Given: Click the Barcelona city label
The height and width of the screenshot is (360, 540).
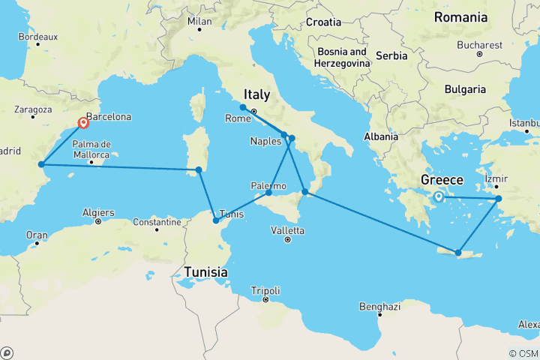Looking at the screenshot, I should pyautogui.click(x=109, y=117).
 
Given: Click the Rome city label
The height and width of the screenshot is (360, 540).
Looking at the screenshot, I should pyautogui.click(x=238, y=119).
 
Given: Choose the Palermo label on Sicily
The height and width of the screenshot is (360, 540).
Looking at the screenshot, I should pyautogui.click(x=267, y=184).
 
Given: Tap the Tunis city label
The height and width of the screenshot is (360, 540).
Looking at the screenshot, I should pyautogui.click(x=231, y=214).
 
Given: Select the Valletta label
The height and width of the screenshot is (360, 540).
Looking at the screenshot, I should pyautogui.click(x=288, y=230).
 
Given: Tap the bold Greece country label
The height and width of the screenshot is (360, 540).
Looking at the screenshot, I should pyautogui.click(x=442, y=181).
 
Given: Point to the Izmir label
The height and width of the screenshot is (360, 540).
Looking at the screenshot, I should pyautogui.click(x=496, y=179).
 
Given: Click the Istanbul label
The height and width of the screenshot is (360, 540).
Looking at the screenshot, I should pyautogui.click(x=523, y=122).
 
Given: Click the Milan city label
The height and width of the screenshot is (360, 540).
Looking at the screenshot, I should pyautogui.click(x=199, y=22).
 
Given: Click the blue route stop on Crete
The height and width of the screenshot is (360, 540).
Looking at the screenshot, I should pyautogui.click(x=457, y=252).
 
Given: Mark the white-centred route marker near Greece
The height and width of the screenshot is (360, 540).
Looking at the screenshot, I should pyautogui.click(x=438, y=197).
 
